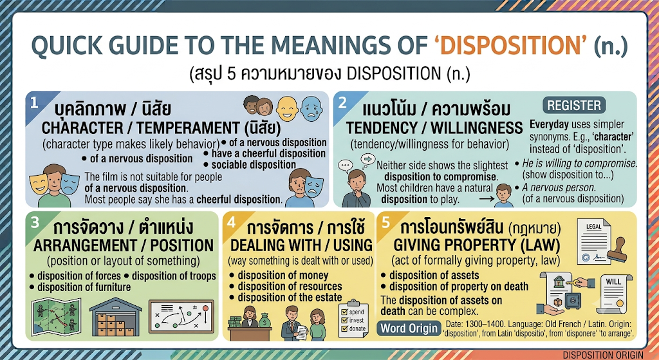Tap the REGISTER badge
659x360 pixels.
(573, 105)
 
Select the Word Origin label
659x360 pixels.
(409, 328)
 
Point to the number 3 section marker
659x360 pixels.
(35, 222)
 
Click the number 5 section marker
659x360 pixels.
(386, 222)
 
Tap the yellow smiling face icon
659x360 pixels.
(288, 109)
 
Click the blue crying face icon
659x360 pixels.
(311, 109)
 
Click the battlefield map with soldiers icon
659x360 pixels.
(57, 317)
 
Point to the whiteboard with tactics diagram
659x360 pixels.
(181, 317)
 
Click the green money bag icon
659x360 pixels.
(265, 321)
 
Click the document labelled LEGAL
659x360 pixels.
(593, 242)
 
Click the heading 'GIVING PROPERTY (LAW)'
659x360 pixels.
(477, 245)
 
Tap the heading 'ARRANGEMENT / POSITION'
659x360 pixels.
(124, 245)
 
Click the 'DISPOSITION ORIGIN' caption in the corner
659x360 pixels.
(603, 355)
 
